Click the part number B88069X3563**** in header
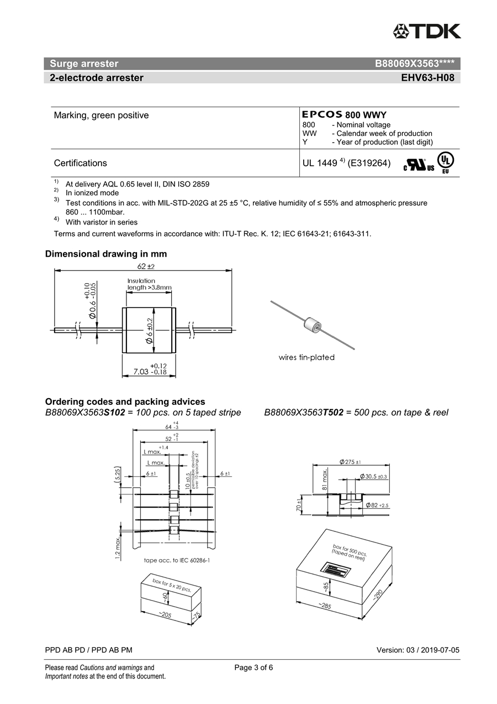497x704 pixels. pyautogui.click(x=414, y=64)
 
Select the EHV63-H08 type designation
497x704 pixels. pyautogui.click(x=427, y=78)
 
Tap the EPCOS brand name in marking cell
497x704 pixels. pyautogui.click(x=322, y=114)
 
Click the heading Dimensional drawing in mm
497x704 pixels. pyautogui.click(x=106, y=254)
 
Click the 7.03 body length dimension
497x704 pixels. pyautogui.click(x=146, y=372)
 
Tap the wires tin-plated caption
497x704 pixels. pyautogui.click(x=306, y=357)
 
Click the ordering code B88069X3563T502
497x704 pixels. pyautogui.click(x=304, y=413)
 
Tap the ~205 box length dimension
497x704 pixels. pyautogui.click(x=165, y=615)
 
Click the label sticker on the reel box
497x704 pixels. pyautogui.click(x=335, y=570)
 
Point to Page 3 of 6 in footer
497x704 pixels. pyautogui.click(x=253, y=668)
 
